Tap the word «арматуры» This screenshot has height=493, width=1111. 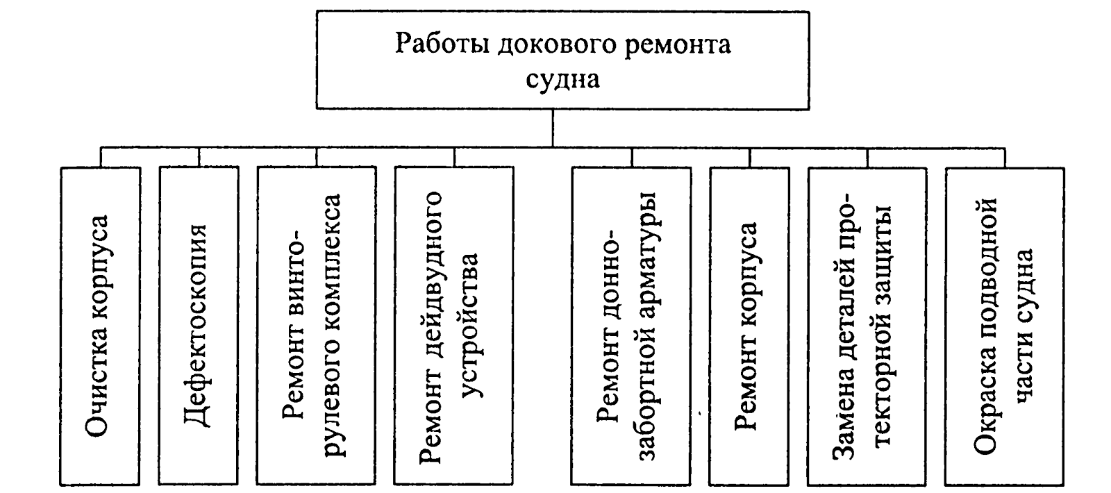click(x=653, y=246)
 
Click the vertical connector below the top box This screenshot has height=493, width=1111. click(x=553, y=127)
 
